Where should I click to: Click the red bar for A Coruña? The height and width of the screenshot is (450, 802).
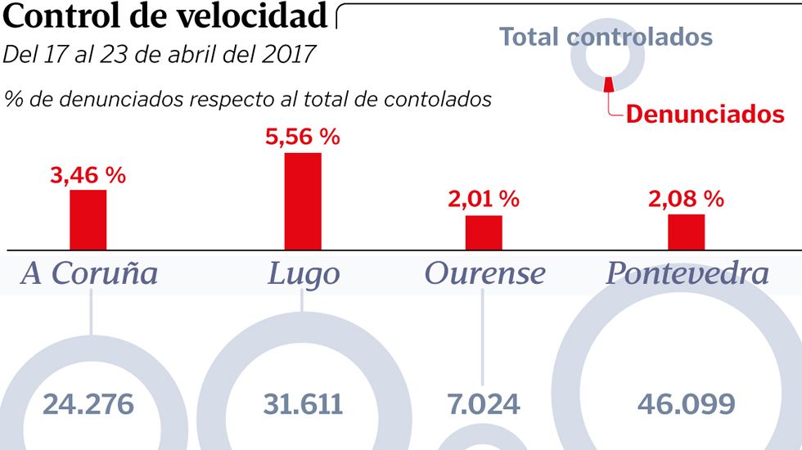pos(88,219)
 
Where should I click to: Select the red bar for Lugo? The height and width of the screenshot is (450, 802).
pos(303,201)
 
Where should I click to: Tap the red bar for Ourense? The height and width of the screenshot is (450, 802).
pos(484,232)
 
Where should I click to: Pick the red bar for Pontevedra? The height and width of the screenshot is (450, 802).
pos(686,232)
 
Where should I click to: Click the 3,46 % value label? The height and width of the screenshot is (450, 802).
pos(88,174)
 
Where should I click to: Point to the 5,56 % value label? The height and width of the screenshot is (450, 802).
pos(303,137)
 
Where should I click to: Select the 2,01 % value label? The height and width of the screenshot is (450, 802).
pos(484,199)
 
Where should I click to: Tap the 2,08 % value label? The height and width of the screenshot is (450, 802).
pos(686,198)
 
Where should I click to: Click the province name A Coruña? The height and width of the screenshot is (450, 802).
pos(89,273)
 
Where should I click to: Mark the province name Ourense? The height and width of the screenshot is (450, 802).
pos(484,273)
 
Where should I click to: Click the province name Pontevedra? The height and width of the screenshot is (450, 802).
pos(687,273)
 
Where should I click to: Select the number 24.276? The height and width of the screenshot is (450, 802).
pos(88,404)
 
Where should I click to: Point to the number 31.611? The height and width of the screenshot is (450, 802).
pos(303,404)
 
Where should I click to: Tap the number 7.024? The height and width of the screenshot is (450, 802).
pos(484,404)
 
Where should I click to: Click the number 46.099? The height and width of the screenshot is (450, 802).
pos(686,404)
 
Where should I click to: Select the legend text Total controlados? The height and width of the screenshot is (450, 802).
pos(606,37)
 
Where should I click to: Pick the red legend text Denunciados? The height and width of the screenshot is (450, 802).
pos(705,114)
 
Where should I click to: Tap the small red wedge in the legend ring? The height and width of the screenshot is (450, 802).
pos(609,85)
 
